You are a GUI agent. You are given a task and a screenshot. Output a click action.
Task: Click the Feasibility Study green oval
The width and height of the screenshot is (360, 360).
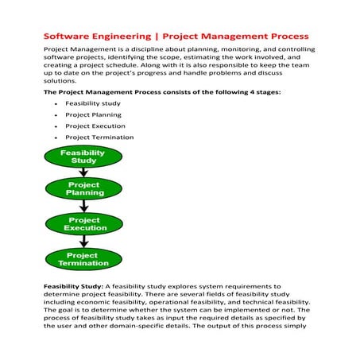83,157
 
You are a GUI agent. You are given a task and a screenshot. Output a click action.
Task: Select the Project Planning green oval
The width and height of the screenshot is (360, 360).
83,189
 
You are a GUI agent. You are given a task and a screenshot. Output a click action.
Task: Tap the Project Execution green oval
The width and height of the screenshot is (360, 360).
83,224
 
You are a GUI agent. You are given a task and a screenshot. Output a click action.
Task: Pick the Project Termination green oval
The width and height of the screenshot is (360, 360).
83,259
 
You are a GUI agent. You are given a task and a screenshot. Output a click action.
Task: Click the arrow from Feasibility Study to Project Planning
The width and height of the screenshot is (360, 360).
83,172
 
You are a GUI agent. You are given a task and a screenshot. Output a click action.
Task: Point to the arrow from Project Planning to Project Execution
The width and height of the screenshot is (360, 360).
83,207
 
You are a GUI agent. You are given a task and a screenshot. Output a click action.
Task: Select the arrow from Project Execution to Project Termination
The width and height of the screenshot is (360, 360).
83,242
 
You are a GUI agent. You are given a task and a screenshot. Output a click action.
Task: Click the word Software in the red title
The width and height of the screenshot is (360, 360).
65,37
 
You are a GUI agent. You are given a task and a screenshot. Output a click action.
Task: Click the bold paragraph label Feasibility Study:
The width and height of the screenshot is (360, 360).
75,285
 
